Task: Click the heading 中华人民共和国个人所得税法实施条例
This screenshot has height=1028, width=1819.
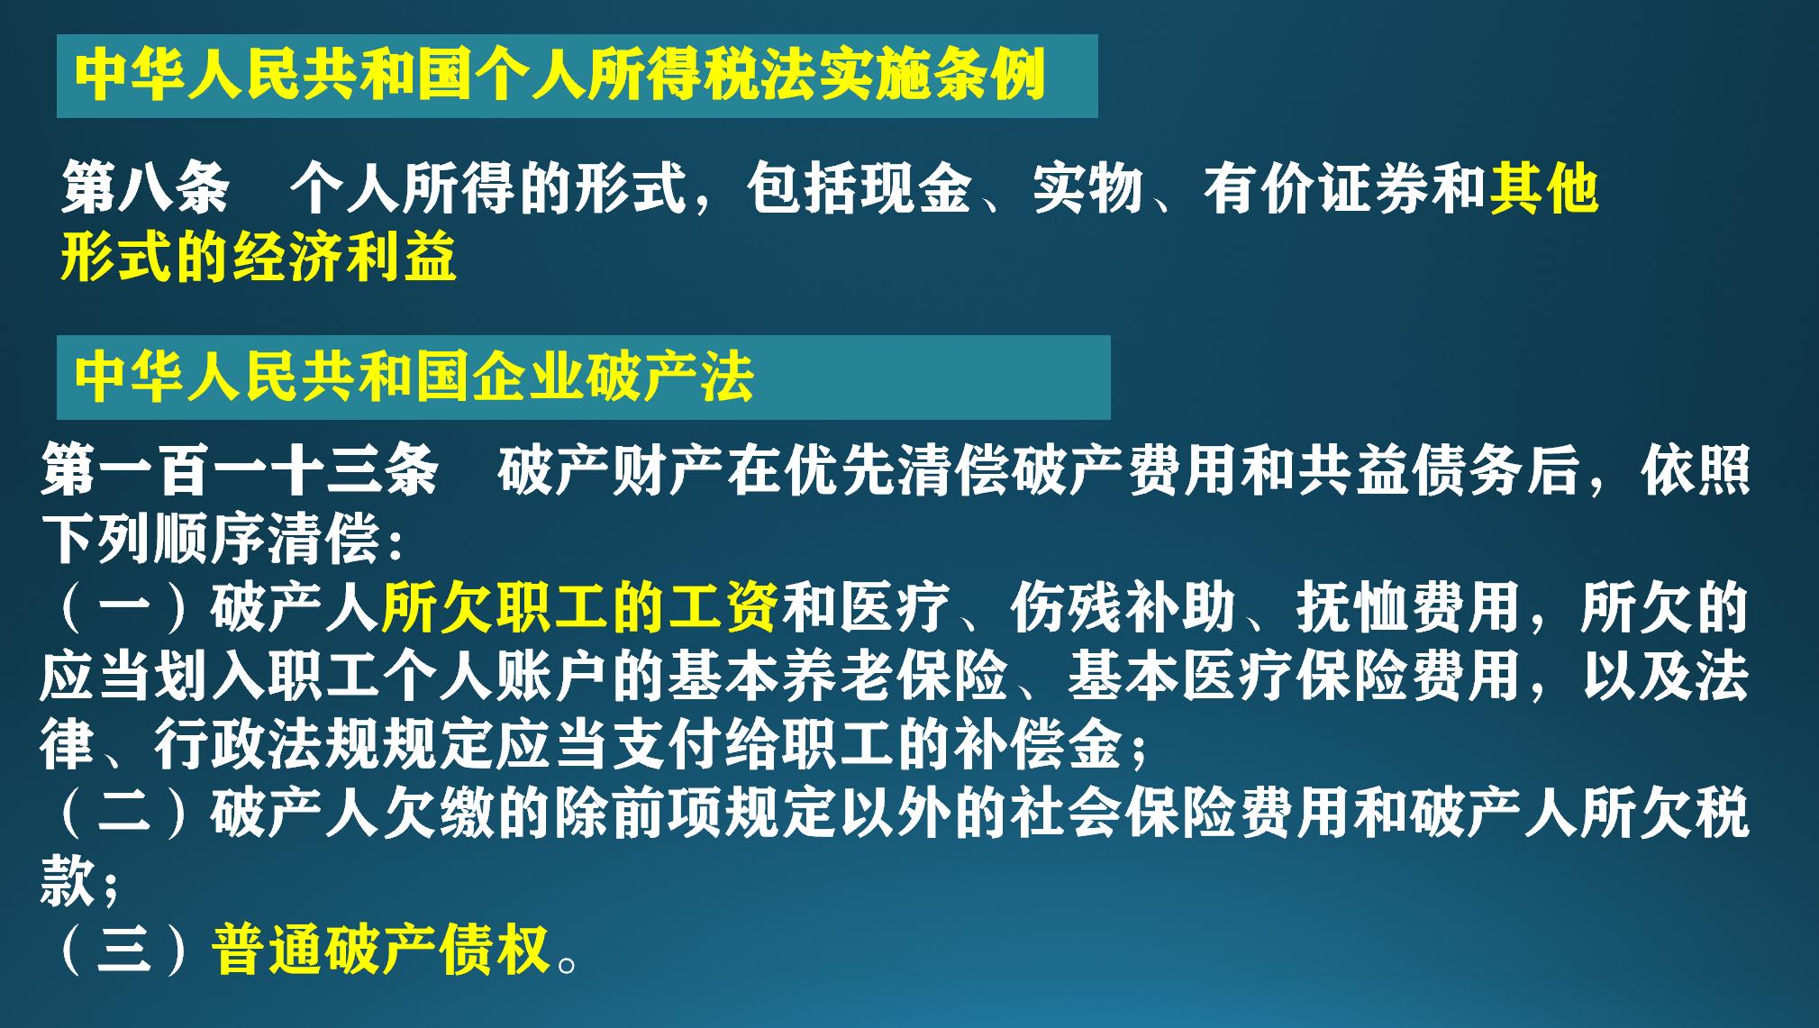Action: (x=559, y=76)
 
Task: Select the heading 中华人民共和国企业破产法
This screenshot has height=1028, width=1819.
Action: (x=414, y=377)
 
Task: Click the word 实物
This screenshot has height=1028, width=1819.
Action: (x=1087, y=188)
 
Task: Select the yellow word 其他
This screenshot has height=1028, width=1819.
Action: (x=1543, y=188)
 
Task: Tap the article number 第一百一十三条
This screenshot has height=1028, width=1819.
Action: (x=240, y=470)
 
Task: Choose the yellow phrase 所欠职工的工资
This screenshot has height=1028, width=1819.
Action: (x=580, y=607)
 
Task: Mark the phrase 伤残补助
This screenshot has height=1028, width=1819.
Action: (x=1123, y=607)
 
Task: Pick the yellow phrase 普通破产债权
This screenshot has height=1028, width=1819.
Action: (x=381, y=950)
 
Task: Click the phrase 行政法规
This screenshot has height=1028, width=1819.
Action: (x=267, y=744)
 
